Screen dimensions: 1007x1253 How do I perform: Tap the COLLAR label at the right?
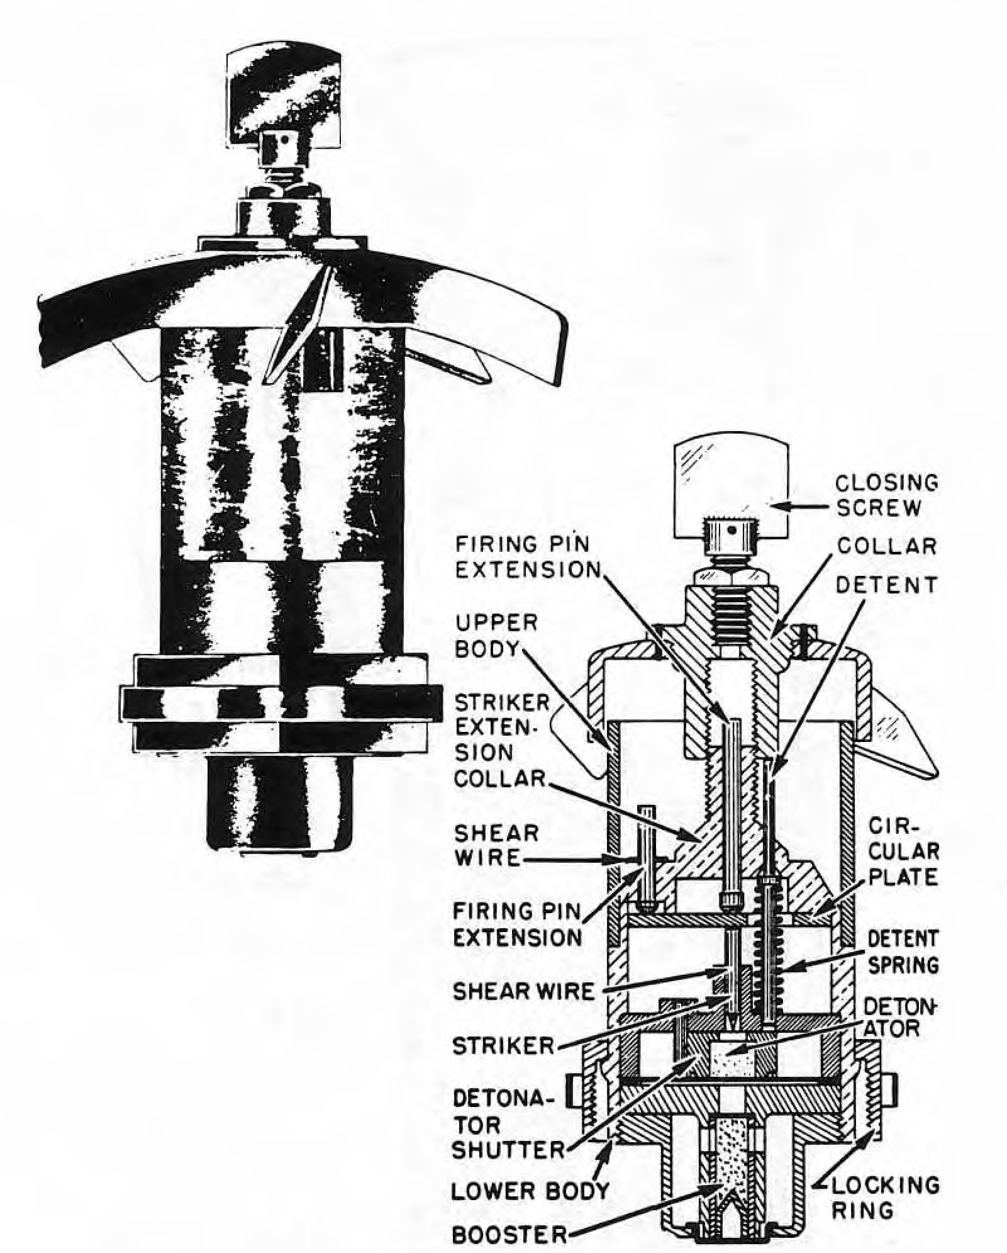887,546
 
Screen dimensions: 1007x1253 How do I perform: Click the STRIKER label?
503,1046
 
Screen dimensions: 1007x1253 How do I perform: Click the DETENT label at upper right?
886,585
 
